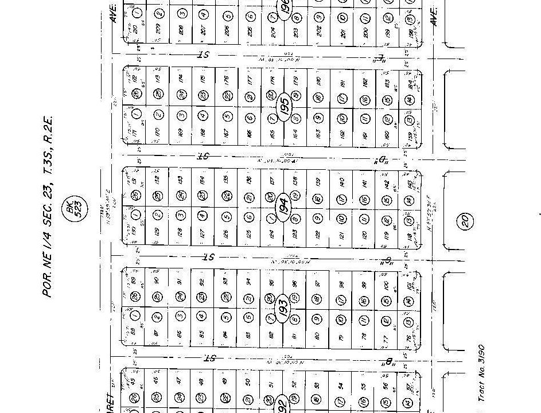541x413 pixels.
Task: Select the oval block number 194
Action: [x=283, y=206]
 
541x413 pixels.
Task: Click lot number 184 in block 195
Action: [x=410, y=84]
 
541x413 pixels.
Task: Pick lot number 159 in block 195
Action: [x=410, y=137]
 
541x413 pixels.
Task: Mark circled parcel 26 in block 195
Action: [x=136, y=95]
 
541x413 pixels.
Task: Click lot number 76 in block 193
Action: [x=409, y=338]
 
